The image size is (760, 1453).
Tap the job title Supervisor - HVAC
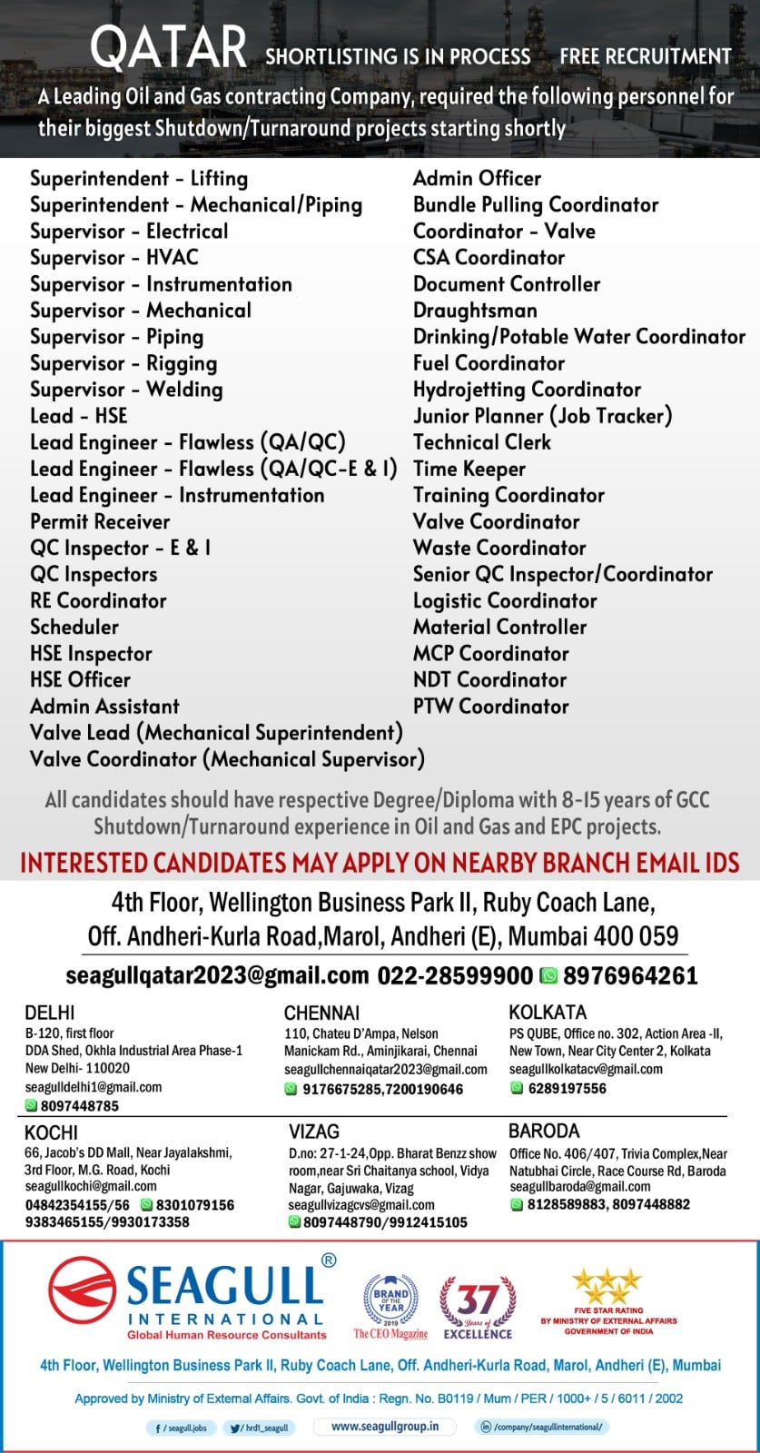click(x=114, y=258)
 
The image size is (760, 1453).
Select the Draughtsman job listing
click(x=475, y=311)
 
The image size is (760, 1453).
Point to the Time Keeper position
click(x=469, y=469)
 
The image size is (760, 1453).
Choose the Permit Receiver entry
click(x=100, y=521)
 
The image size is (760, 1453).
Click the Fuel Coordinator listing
click(x=489, y=363)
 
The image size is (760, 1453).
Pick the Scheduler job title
click(x=74, y=627)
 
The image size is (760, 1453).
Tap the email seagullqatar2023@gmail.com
click(x=217, y=975)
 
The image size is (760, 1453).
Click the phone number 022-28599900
click(x=455, y=975)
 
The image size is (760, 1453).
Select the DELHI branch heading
click(x=50, y=1013)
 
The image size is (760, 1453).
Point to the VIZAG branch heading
click(x=314, y=1132)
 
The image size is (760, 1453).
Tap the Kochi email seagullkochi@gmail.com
click(x=91, y=1186)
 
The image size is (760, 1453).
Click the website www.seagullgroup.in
click(x=385, y=1427)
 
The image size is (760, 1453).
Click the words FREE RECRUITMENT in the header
click(x=645, y=56)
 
